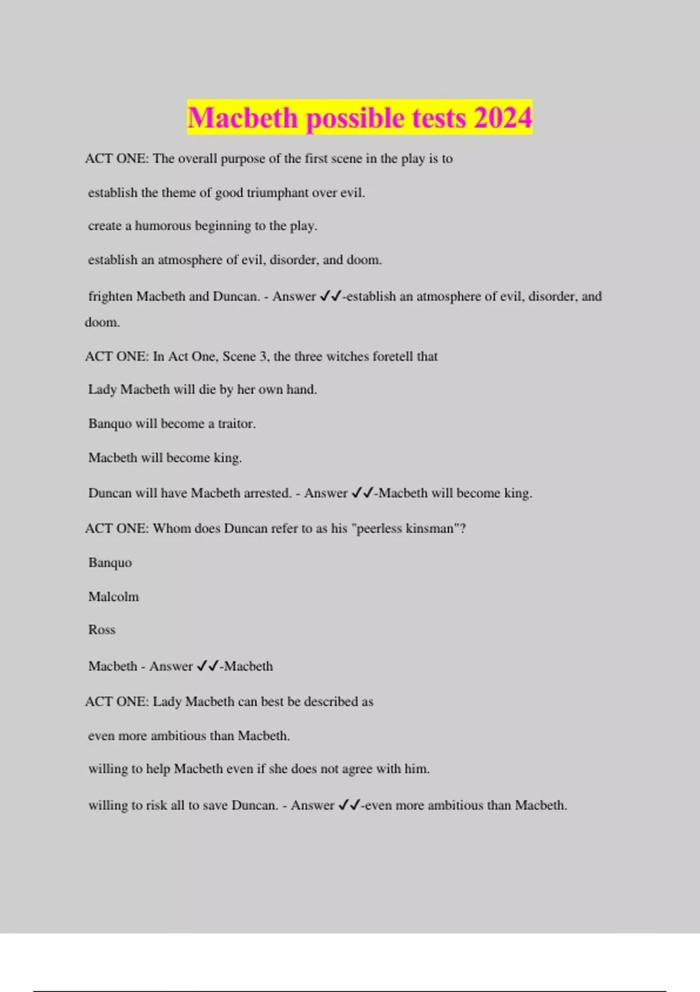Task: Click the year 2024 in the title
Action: click(x=502, y=118)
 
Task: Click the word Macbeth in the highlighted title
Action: click(x=243, y=118)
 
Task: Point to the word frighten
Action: click(x=110, y=296)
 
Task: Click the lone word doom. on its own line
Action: click(x=102, y=322)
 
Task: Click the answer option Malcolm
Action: click(x=113, y=596)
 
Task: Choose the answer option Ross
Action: click(x=101, y=630)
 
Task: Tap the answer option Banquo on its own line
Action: click(x=110, y=563)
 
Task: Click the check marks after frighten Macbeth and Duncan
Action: click(x=330, y=296)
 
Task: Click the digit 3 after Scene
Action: click(x=263, y=357)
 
